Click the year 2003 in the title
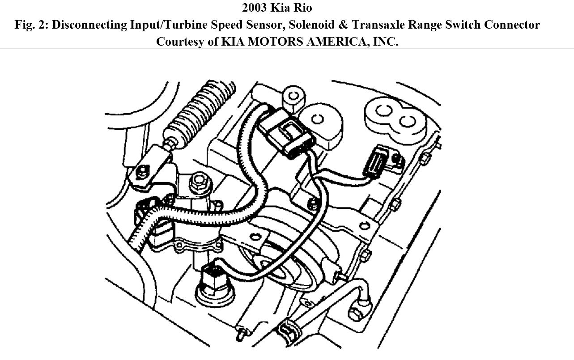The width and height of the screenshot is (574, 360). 255,8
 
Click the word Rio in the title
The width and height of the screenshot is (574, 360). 303,8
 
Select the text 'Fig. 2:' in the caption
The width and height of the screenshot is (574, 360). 32,25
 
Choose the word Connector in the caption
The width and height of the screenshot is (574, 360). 510,25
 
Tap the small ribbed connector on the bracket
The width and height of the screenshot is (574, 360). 378,161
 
